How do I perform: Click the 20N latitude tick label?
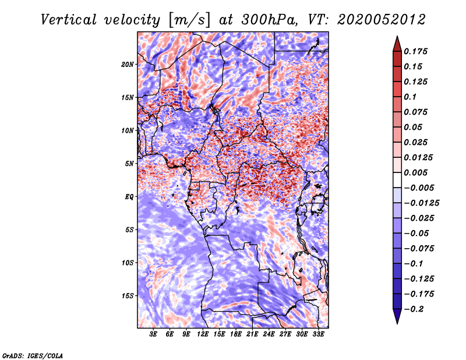click(127, 64)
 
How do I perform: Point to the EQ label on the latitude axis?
click(129, 196)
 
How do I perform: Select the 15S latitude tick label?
click(127, 296)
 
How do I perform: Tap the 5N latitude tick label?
click(129, 164)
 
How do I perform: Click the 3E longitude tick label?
click(153, 334)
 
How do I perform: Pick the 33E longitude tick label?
click(318, 334)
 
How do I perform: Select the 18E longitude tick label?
click(236, 334)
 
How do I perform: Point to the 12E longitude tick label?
click(203, 334)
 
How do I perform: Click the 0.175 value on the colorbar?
click(416, 51)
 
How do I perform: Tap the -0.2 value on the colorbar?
click(414, 309)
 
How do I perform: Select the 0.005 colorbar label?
click(416, 172)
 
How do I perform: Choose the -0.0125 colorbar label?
click(422, 203)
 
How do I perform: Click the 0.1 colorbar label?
click(410, 97)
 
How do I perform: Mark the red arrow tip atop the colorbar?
click(397, 36)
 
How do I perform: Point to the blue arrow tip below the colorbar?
click(397, 323)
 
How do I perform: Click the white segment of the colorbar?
click(397, 180)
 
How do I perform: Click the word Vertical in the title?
click(69, 20)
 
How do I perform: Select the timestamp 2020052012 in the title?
click(381, 20)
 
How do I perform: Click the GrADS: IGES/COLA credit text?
click(33, 355)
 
